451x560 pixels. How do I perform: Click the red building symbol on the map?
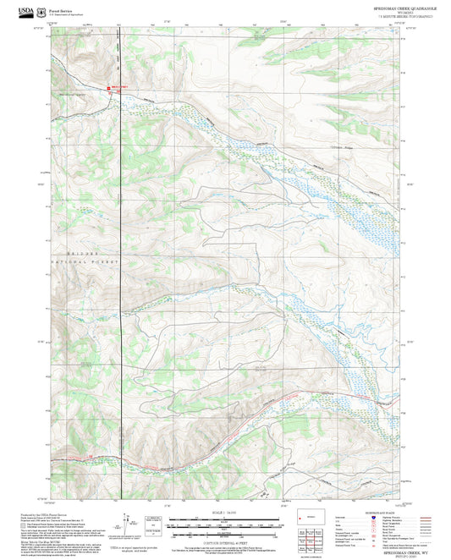click(x=107, y=87)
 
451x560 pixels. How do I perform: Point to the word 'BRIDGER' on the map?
click(x=85, y=253)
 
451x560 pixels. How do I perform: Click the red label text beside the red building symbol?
click(x=120, y=86)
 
